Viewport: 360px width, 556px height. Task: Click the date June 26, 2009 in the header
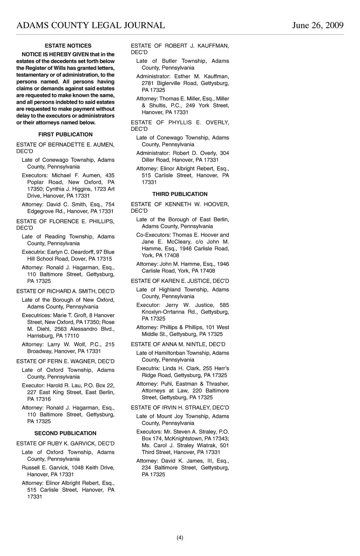coord(318,25)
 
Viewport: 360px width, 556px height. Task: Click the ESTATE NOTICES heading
coord(68,46)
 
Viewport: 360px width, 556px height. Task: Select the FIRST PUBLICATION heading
coord(65,134)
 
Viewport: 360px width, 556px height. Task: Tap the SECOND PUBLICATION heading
coord(65,433)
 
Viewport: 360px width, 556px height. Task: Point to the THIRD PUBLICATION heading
coord(180,194)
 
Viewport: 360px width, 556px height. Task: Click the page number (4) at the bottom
coord(180,538)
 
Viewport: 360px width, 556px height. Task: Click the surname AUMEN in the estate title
coord(104,144)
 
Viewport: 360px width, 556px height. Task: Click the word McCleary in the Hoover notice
coord(180,242)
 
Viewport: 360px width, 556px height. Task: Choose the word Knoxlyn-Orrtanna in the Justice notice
coord(163,312)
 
